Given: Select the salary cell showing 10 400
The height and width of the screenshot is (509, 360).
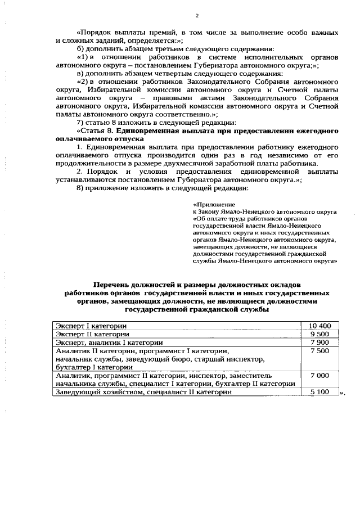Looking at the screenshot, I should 319,326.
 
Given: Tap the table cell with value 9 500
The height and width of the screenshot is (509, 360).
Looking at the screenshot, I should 319,334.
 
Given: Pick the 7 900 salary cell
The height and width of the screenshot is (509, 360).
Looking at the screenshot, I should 319,342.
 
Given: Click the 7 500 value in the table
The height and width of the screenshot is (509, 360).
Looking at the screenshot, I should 319,350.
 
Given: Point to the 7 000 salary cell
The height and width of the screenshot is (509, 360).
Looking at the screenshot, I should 319,375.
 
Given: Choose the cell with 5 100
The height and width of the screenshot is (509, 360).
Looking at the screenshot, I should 319,391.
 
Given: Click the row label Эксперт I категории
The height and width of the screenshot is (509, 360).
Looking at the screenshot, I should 91,326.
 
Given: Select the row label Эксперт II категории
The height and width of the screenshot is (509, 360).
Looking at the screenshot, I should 92,334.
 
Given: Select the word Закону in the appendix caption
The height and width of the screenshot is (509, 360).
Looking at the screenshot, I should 209,212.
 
